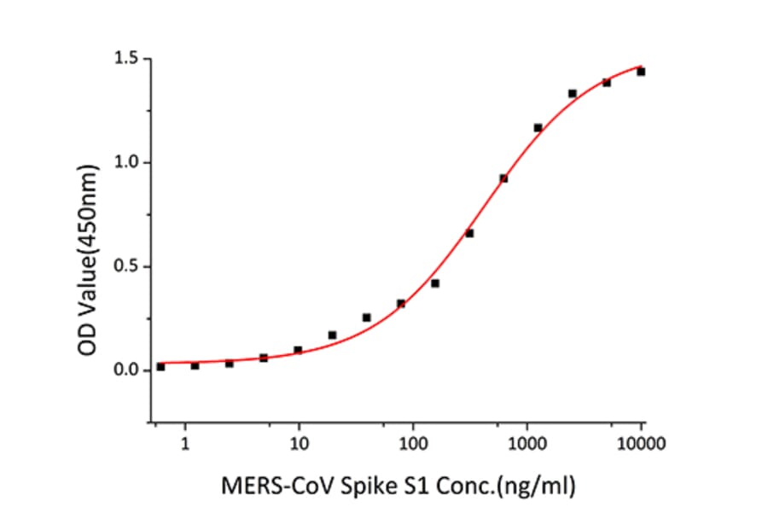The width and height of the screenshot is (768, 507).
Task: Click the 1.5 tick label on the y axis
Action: pos(128,59)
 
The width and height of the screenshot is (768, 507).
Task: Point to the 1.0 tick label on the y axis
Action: pos(128,162)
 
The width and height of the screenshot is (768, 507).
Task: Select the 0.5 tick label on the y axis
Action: pos(128,266)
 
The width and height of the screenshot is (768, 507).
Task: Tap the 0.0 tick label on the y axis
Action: pos(128,370)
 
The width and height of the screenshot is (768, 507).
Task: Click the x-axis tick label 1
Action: pos(184,444)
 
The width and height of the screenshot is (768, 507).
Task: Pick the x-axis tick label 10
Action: pos(299,444)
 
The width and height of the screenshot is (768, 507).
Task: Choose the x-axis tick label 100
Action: pos(413,444)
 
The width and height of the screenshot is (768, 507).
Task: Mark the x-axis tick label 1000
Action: pos(527,444)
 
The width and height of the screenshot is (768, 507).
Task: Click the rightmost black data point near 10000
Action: pos(641,72)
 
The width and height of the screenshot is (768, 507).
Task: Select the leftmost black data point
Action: pos(160,366)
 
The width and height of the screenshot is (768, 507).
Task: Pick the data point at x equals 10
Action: pos(298,350)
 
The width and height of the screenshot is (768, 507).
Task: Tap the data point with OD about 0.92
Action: pos(503,178)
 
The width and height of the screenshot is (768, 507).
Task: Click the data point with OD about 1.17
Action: pos(538,127)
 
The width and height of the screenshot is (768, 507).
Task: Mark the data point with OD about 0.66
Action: pos(469,233)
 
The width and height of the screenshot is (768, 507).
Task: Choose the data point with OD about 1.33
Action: pos(572,93)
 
